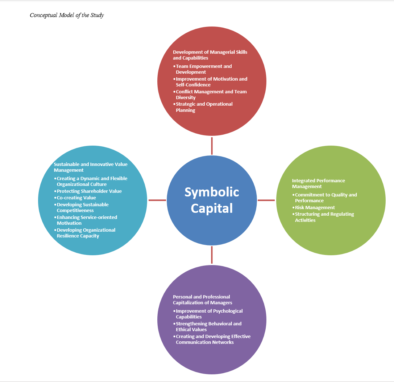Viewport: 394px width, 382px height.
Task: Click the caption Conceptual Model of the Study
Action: tap(67, 15)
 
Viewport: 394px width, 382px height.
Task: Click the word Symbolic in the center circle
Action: tap(212, 192)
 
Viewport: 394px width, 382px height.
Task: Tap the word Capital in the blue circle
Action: tap(212, 208)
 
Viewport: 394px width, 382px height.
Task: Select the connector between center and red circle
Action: tap(212, 146)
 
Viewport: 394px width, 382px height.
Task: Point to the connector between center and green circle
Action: tap(266, 200)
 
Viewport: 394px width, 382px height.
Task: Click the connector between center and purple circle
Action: tap(212, 255)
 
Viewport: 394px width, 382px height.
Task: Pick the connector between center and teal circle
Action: tap(157, 200)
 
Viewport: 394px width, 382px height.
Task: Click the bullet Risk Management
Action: tap(315, 207)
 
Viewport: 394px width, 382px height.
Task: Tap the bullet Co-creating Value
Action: tap(76, 198)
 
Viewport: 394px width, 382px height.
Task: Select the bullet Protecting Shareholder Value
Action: tap(89, 191)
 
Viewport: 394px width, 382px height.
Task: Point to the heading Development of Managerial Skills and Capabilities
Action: tap(210, 55)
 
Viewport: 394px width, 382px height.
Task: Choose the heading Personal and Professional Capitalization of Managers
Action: tap(202, 300)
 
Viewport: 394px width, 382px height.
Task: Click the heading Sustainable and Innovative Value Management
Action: tap(90, 167)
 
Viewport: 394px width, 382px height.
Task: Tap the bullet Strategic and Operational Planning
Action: tap(204, 107)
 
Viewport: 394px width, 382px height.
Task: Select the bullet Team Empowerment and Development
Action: tap(203, 69)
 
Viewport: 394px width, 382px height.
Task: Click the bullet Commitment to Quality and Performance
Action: tap(325, 198)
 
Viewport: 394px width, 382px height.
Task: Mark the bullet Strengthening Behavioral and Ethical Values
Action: tap(208, 326)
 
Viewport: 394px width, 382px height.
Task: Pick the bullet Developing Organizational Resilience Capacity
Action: tap(86, 233)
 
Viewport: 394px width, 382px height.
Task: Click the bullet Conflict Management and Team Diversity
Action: tap(211, 94)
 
